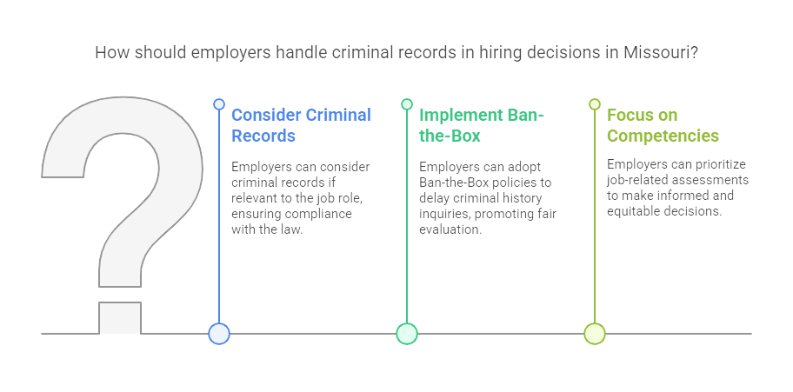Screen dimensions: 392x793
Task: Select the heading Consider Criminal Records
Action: pos(301,125)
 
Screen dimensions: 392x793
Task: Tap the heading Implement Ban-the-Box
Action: pos(481,125)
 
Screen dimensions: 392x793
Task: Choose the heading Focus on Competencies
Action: pos(663,125)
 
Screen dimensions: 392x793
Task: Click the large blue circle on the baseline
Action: pos(219,333)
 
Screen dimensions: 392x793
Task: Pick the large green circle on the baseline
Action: pos(407,333)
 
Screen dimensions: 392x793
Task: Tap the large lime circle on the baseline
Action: pos(595,333)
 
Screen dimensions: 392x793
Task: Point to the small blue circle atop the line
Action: pos(219,104)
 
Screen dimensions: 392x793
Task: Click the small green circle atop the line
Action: pos(407,104)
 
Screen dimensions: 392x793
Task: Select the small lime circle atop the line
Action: pos(595,104)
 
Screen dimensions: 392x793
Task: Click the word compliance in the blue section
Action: pos(323,214)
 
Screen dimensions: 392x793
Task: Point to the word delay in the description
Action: pos(436,198)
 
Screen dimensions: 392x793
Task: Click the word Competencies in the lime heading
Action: pos(663,136)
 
